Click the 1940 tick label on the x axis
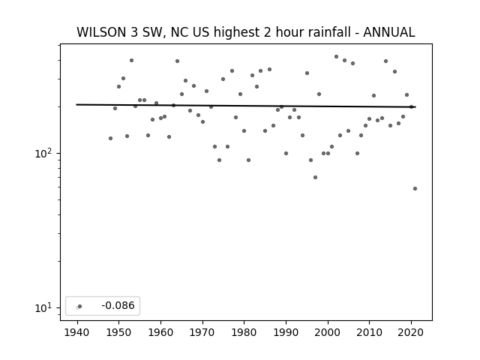pos(76,332)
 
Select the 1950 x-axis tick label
pos(118,332)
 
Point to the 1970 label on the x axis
pos(202,332)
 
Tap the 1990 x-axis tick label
pos(286,332)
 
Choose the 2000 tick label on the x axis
pos(328,332)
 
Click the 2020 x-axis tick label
pos(411,332)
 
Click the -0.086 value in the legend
pos(118,305)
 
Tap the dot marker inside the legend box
pos(80,306)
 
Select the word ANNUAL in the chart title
pos(389,32)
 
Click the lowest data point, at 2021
pos(415,188)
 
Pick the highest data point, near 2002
pos(336,57)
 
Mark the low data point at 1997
pos(315,177)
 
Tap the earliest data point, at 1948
pos(110,138)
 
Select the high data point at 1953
pos(132,60)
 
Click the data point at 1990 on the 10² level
pos(286,153)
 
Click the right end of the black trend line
pos(415,106)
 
